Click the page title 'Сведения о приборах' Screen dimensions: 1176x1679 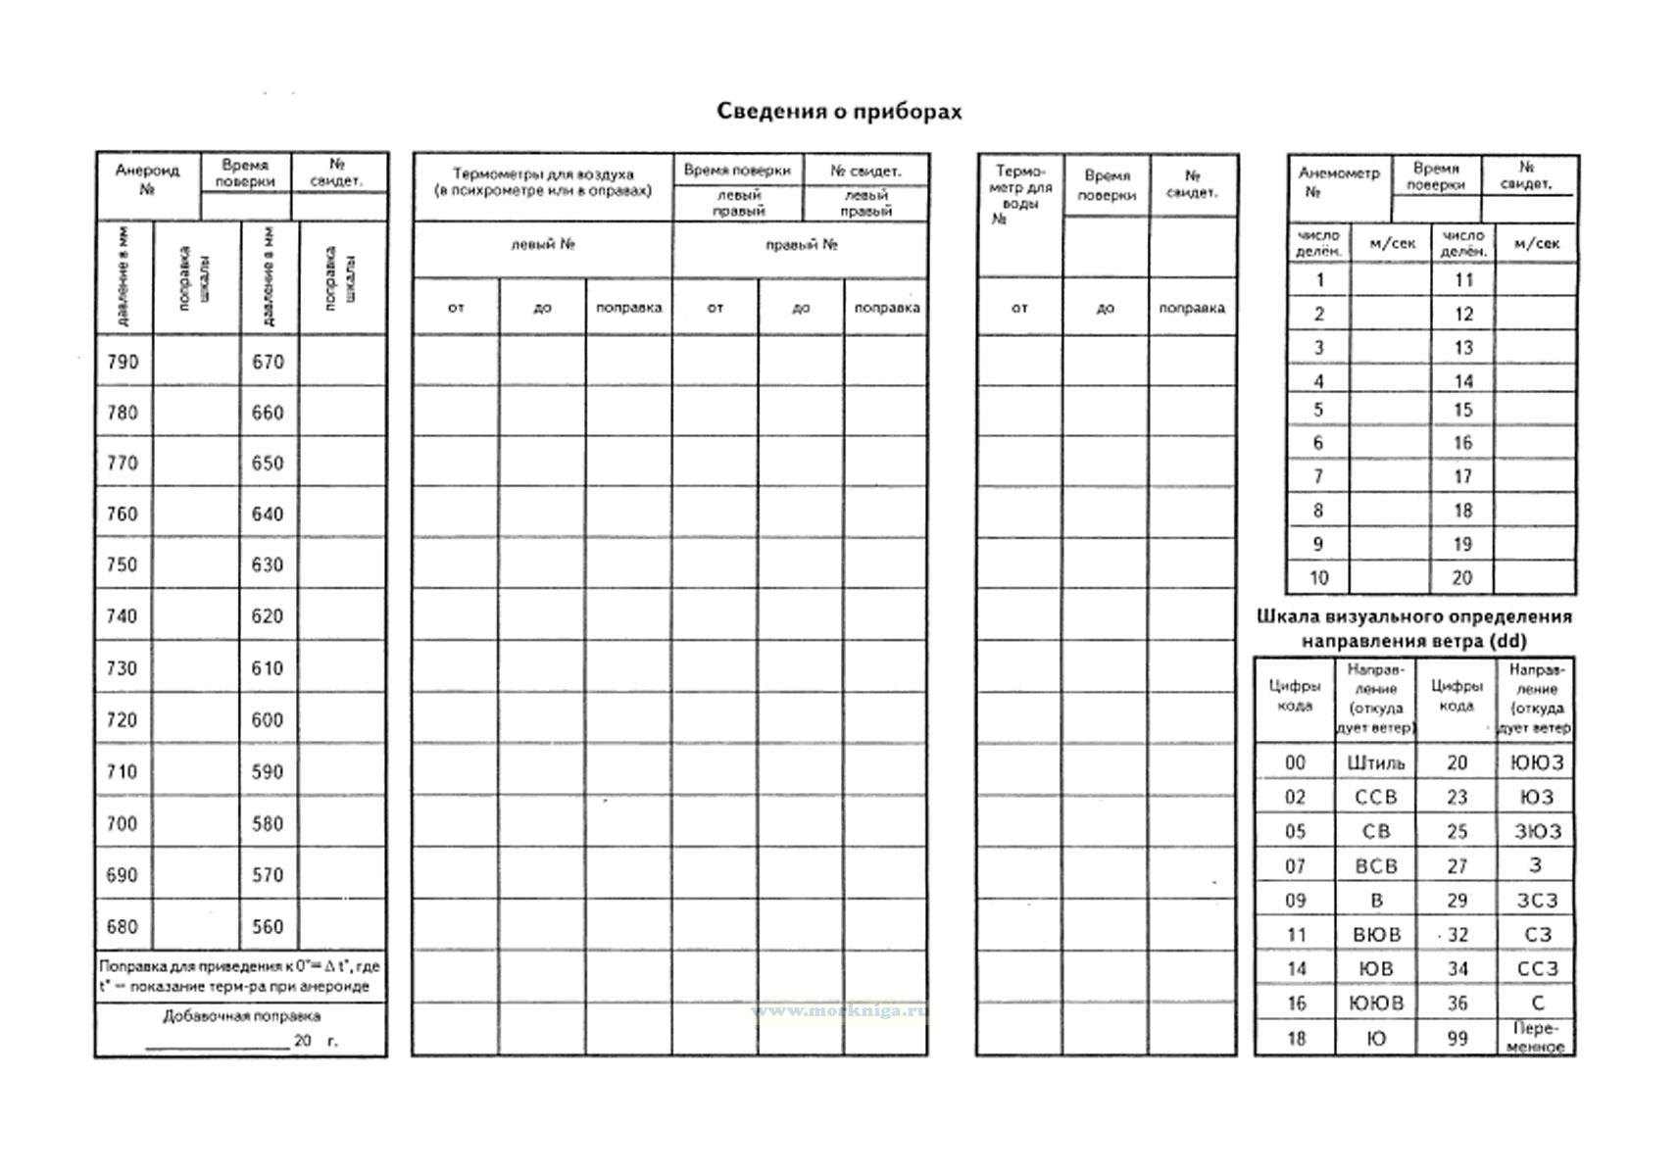coord(839,111)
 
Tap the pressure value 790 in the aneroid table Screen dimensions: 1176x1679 coord(123,362)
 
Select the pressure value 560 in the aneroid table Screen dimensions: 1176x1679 coord(268,926)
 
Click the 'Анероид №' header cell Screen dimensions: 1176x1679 coord(147,179)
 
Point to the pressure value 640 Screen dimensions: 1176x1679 coord(268,514)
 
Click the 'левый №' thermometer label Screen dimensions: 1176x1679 coord(542,244)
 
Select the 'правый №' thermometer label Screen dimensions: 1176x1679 coord(801,244)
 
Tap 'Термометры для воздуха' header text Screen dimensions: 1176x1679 coord(542,173)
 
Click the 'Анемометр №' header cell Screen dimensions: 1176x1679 coord(1338,182)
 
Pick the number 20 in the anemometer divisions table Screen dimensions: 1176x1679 coord(1461,577)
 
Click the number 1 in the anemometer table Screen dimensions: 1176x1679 coord(1319,280)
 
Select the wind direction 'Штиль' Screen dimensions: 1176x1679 coord(1376,762)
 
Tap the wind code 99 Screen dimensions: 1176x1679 coord(1457,1038)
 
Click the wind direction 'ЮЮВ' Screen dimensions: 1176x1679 coord(1376,1003)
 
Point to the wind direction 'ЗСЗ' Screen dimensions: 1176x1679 coord(1537,900)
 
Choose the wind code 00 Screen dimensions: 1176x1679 coord(1295,762)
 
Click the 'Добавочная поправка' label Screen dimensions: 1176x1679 coord(241,1016)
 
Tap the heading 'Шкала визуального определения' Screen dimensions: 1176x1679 coord(1413,616)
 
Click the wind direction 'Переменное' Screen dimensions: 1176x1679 coord(1537,1038)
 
